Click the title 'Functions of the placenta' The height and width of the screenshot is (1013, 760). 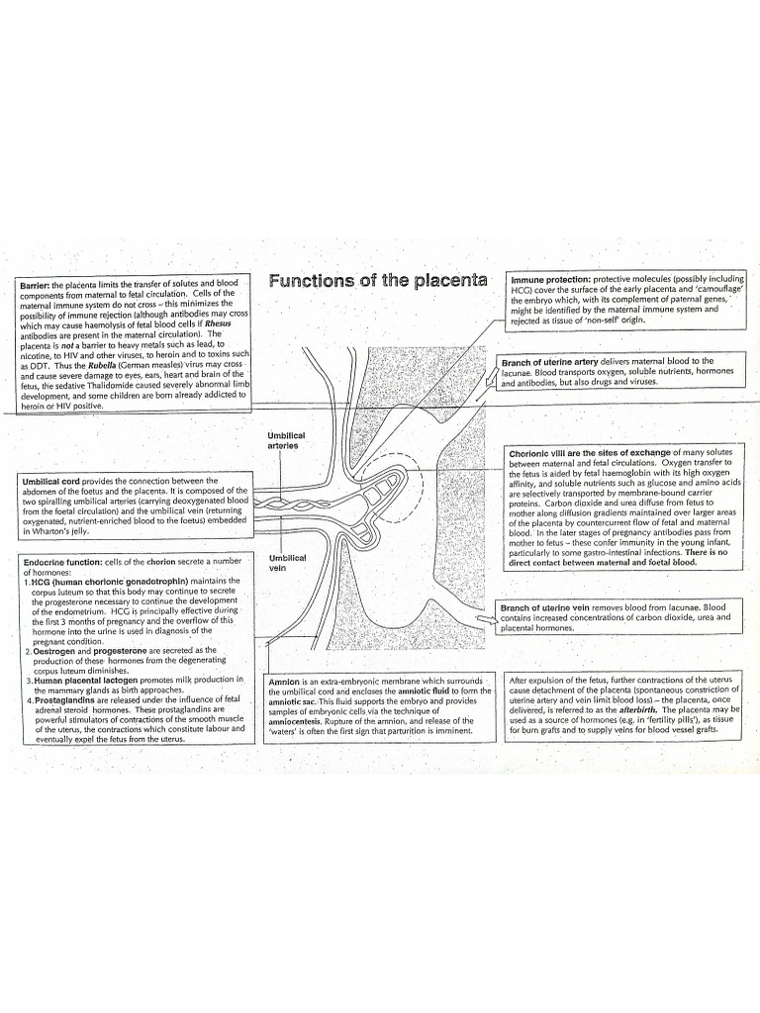click(x=378, y=280)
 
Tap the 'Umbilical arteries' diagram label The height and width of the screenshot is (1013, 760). click(x=286, y=439)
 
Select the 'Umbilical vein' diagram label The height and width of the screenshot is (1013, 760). click(x=287, y=563)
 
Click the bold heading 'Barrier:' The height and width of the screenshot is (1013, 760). click(x=37, y=285)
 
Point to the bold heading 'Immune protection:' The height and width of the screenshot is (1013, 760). click(x=550, y=279)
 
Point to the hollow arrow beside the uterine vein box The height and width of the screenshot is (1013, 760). click(x=486, y=619)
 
